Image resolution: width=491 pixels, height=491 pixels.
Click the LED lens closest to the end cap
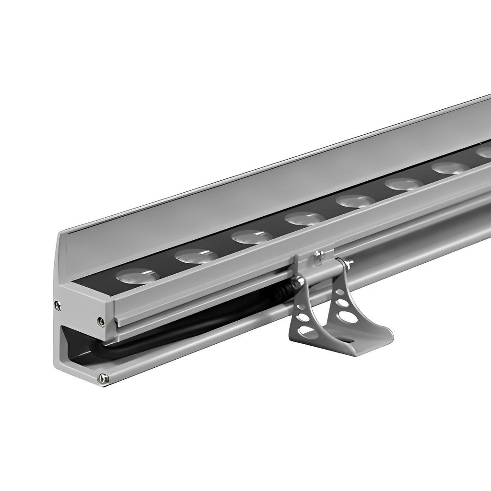(x=138, y=276)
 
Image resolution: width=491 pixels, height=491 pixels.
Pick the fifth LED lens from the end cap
(x=355, y=201)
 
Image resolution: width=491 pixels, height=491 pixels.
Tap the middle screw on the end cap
(x=100, y=320)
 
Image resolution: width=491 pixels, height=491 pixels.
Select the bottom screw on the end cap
(x=101, y=377)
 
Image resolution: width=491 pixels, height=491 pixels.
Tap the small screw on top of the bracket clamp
(x=317, y=254)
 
